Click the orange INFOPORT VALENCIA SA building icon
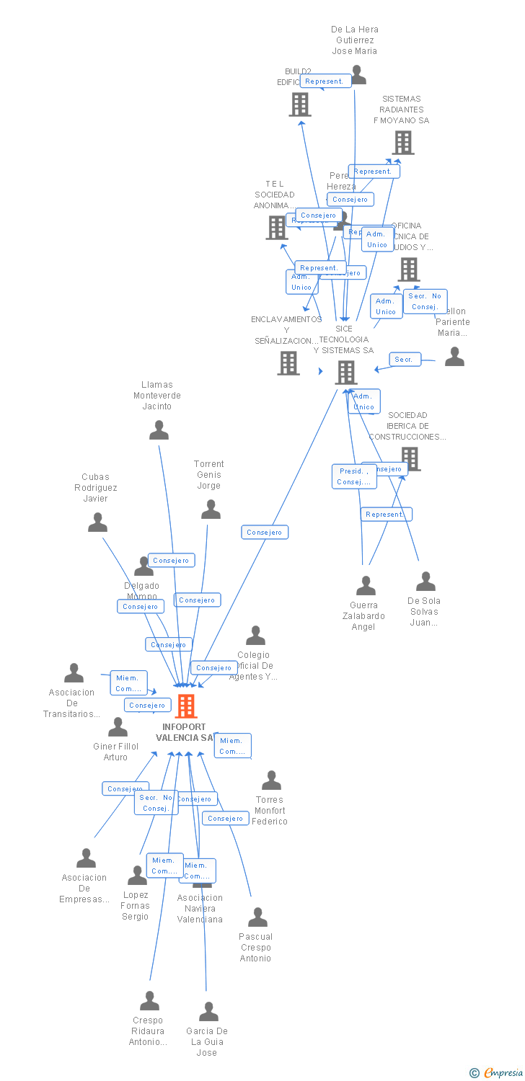coord(186,706)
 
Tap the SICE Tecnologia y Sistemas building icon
coord(346,372)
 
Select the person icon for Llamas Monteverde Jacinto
coord(159,430)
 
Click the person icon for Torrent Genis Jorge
coord(211,510)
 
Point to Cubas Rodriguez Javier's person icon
coord(97,522)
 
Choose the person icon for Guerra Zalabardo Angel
coord(366,586)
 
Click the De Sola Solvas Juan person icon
coord(425,582)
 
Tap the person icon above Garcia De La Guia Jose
coord(208,1012)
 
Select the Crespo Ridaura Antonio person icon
coord(149,1001)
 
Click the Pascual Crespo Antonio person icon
coord(257,917)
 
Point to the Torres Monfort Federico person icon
coord(271,780)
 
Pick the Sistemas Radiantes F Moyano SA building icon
coord(403,143)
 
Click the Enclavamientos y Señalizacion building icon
coord(288,363)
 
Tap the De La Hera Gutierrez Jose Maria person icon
coord(357,74)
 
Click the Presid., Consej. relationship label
coord(354,476)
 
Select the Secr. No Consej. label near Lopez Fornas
coord(156,803)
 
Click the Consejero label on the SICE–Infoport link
coord(265,532)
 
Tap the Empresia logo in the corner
coord(497,1072)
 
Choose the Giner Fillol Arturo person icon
coord(118,727)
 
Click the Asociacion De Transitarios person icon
coord(74,673)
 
